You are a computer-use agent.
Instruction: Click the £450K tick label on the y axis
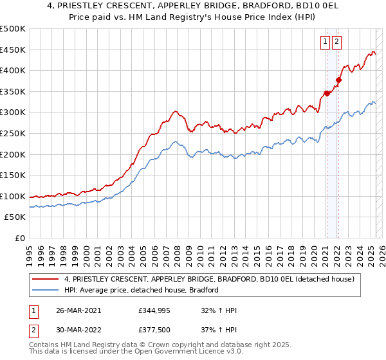point(13,50)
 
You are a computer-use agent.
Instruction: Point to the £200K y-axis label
point(13,154)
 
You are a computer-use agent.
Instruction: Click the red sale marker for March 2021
point(326,93)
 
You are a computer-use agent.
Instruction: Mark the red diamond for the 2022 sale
point(338,80)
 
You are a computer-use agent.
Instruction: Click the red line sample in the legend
point(46,279)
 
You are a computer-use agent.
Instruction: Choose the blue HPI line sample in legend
point(46,290)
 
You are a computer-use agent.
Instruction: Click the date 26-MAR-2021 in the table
point(78,310)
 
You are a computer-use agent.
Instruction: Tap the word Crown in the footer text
point(155,346)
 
